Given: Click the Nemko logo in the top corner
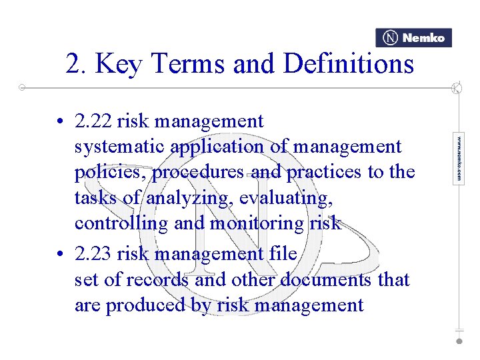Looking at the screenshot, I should [x=413, y=38].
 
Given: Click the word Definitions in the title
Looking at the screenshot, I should [x=348, y=64].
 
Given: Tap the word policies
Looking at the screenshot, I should [x=110, y=172].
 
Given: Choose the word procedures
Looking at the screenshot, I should [x=197, y=172].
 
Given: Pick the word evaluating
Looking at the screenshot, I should [x=291, y=198].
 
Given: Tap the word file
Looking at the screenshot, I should [x=283, y=254].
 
